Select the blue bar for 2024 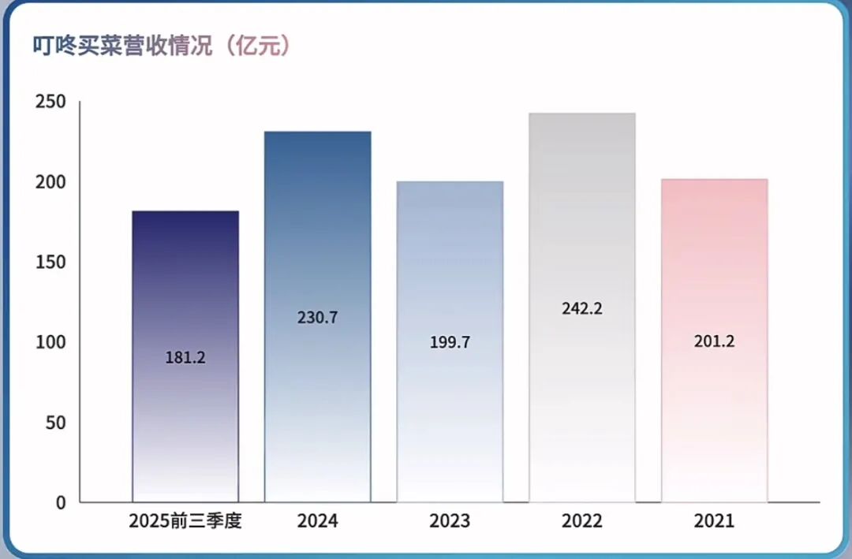point(317,237)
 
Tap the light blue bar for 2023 point(450,260)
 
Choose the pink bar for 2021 point(714,260)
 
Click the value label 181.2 point(185,357)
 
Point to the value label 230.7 point(318,318)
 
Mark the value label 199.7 point(450,342)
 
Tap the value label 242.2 point(582,308)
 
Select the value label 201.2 point(715,341)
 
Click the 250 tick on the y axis point(50,102)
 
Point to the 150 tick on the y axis point(50,263)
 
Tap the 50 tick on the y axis point(54,423)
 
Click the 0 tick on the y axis point(61,502)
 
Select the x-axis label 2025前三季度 point(185,521)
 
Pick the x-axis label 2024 point(317,521)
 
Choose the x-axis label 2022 point(582,521)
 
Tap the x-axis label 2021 point(714,521)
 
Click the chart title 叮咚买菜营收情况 point(122,45)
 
